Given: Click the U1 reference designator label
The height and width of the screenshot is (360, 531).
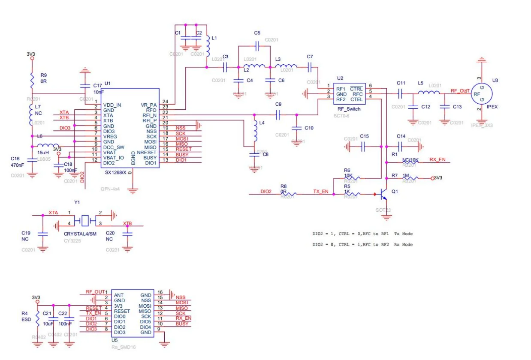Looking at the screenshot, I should click(107, 83).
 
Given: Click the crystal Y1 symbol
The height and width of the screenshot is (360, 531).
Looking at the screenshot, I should click(86, 221).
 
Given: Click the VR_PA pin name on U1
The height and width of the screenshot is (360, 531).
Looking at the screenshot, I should click(148, 105).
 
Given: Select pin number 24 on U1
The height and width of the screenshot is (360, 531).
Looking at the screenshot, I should click(165, 102).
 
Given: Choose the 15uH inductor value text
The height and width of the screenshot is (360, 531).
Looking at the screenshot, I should click(43, 152).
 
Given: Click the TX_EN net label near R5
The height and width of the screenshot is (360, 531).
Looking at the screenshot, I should click(320, 192).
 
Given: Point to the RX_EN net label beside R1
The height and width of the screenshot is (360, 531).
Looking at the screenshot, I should click(437, 160).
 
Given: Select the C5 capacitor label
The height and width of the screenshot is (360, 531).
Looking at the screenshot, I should click(257, 33).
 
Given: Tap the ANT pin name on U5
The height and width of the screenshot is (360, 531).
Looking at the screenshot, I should click(119, 295).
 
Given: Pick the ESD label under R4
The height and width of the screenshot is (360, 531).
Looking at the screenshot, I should click(27, 319).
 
